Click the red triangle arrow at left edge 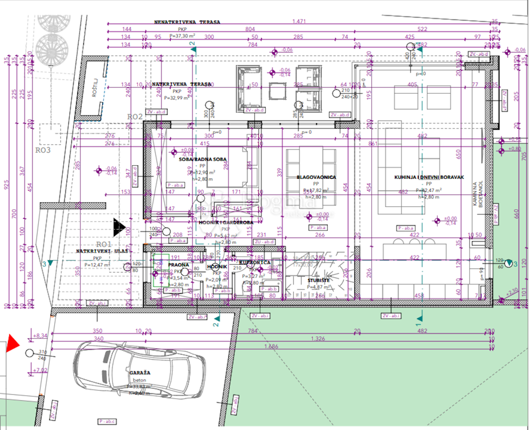click(x=12, y=343)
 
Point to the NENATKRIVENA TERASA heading click(x=187, y=22)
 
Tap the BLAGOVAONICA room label click(x=317, y=177)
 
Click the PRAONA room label click(x=179, y=265)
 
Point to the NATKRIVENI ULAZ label click(x=95, y=251)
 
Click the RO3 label click(x=44, y=150)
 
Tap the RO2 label click(x=135, y=117)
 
